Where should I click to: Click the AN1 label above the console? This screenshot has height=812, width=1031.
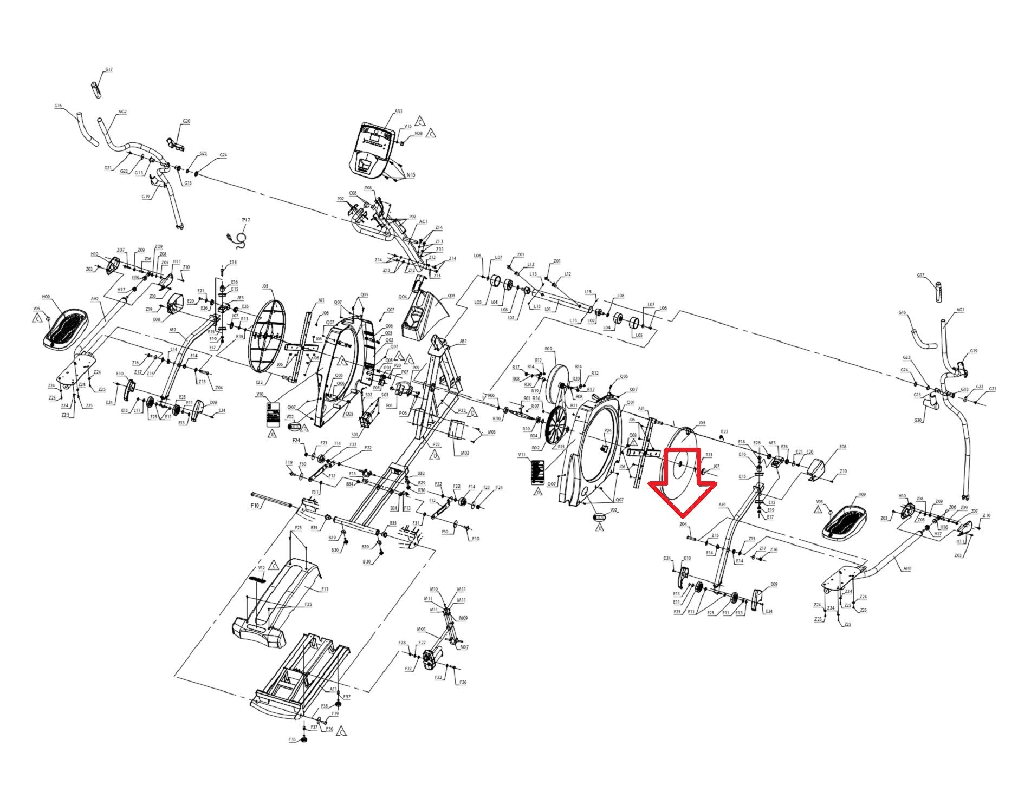398,112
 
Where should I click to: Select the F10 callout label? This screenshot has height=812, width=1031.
255,505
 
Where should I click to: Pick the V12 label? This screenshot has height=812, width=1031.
261,568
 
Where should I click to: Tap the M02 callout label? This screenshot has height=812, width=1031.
464,453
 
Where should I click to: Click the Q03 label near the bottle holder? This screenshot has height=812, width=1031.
451,296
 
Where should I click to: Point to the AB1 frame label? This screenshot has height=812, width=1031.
463,342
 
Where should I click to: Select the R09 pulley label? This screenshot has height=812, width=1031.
548,349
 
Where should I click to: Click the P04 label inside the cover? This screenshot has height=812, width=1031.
607,430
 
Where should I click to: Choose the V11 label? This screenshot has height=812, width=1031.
522,455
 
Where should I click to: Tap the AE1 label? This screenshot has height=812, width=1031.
722,505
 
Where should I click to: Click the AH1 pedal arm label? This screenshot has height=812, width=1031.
907,568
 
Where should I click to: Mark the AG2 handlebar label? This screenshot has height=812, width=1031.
122,112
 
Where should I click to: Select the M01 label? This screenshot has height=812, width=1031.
421,629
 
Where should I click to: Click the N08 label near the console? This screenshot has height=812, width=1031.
419,134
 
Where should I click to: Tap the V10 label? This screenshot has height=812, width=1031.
260,395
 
